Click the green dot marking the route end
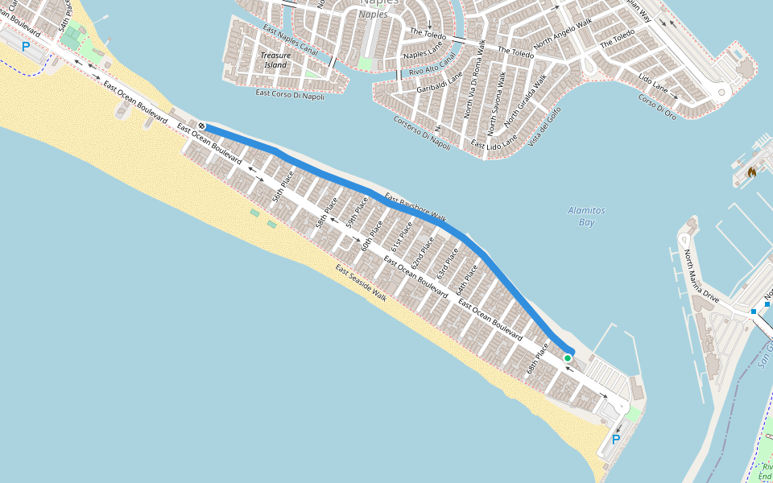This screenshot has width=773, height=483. coord(568,358)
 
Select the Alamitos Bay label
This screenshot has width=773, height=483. coord(586,216)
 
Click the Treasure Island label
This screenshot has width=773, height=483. coord(275,60)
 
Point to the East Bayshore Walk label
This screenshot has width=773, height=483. coord(415,208)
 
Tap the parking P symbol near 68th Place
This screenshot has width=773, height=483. coord(616,440)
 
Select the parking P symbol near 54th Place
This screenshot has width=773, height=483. coord(25,47)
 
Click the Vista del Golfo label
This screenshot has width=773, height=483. coord(547,126)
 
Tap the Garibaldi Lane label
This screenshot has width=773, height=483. coord(440,83)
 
